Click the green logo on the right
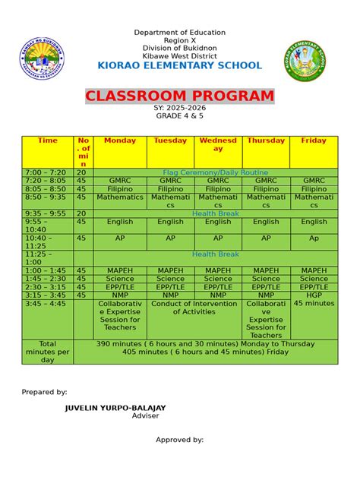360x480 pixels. point(305,61)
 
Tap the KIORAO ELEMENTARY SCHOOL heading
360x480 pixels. point(179,65)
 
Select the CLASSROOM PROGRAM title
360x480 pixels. point(179,96)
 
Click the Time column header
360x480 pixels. point(47,141)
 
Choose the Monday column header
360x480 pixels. point(120,141)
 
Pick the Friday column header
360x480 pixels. point(314,141)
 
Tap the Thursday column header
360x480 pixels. point(266,141)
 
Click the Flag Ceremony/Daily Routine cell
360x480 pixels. point(215,173)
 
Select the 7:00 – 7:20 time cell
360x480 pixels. point(47,173)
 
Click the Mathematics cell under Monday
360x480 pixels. point(120,197)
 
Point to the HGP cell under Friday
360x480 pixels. point(314,295)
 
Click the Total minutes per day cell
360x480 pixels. point(47,352)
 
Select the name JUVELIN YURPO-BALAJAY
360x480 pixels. point(115,408)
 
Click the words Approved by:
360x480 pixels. point(179,440)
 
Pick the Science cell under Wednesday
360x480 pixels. point(218,279)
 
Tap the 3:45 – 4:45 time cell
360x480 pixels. point(47,303)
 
